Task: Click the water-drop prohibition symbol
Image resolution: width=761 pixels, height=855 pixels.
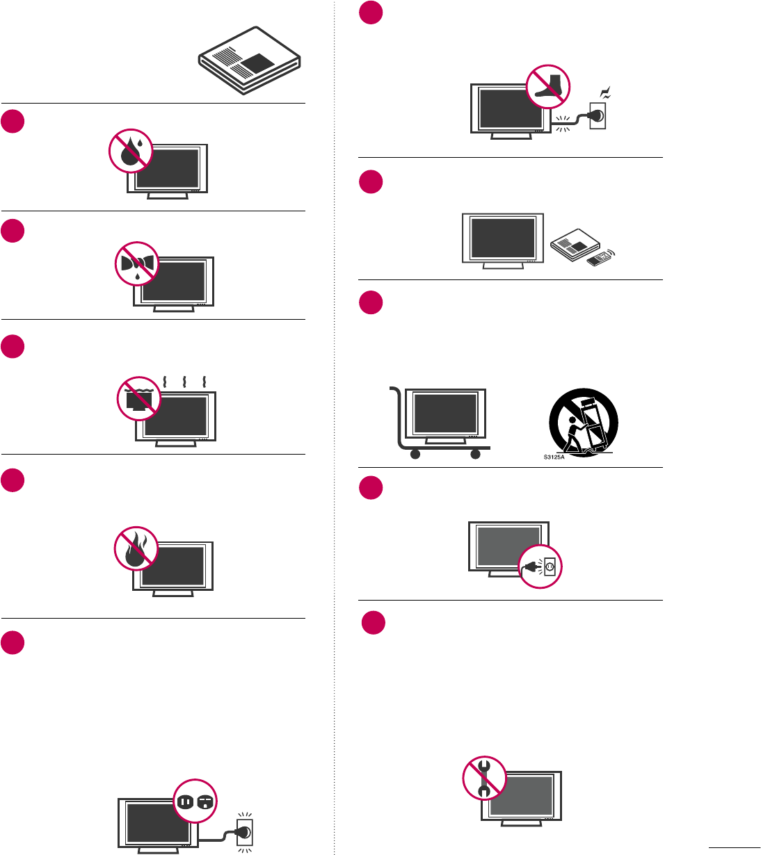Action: pos(131,150)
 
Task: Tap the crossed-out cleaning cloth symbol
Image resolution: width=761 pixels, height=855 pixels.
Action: pos(137,264)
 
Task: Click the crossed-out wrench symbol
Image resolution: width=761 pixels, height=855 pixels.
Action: pos(485,778)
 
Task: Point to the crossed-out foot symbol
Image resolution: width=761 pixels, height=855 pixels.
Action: pos(548,86)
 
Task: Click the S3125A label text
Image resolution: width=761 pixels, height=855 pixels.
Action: pos(554,457)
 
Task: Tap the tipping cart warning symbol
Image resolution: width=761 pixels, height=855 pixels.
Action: pos(583,423)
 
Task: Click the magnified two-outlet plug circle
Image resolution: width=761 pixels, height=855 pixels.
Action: pos(195,801)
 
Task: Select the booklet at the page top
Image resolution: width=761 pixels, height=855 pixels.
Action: pos(249,60)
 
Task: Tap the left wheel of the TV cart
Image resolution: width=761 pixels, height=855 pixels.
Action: pos(415,455)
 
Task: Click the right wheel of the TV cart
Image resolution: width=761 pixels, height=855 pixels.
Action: pos(475,455)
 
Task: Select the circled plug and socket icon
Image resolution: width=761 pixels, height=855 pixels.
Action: pos(540,567)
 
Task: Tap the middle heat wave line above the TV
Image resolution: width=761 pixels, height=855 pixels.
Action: pos(184,382)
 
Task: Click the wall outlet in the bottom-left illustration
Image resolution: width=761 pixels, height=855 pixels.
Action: pos(244,831)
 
